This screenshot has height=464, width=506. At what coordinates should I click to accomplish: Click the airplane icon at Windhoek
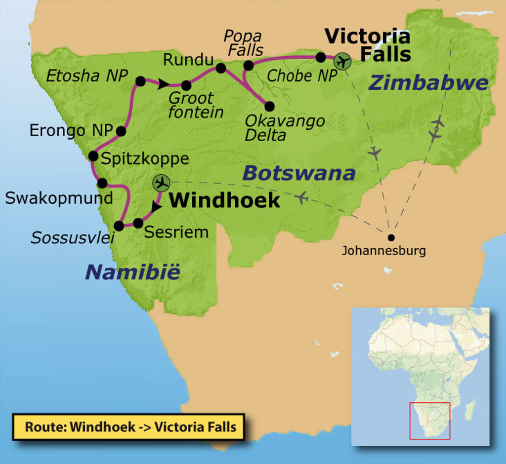tap(161, 183)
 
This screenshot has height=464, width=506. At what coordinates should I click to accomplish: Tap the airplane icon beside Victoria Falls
tap(341, 62)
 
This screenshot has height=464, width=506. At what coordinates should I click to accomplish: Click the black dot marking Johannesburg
tap(391, 237)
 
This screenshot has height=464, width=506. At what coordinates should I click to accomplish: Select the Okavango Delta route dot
tap(269, 106)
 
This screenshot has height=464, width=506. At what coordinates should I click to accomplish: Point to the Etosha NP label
tap(87, 76)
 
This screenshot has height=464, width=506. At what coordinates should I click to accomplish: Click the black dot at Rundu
tap(221, 68)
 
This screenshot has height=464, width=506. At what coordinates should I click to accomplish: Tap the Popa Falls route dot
tap(249, 66)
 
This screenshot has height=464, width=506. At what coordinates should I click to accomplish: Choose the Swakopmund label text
tap(59, 198)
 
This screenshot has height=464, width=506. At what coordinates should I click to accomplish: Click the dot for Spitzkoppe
tap(93, 156)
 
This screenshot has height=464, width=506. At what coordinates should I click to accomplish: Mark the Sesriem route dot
tap(138, 223)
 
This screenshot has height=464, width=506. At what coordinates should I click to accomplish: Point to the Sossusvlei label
tap(73, 238)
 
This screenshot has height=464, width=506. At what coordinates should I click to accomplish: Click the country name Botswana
tap(299, 173)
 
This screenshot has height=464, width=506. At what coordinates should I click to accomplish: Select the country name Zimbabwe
tap(428, 83)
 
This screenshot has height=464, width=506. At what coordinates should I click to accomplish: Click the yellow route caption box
tap(128, 427)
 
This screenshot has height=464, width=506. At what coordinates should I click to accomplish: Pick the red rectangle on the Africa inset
tap(430, 421)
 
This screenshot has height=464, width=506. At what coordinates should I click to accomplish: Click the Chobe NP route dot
tap(321, 57)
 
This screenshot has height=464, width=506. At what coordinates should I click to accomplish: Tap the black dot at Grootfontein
tap(186, 85)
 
